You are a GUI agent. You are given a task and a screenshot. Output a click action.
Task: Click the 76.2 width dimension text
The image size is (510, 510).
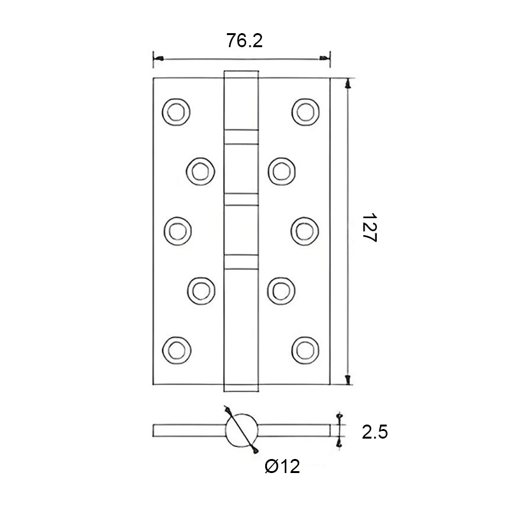click(x=245, y=41)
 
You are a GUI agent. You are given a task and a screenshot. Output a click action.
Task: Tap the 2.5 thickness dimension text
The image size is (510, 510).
click(x=375, y=433)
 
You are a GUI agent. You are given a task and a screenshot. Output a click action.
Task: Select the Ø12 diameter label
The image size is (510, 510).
click(x=282, y=467)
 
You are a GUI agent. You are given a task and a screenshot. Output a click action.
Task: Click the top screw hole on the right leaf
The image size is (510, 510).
click(x=304, y=111)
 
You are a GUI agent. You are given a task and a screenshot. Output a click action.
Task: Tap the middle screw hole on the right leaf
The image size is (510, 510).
click(x=304, y=229)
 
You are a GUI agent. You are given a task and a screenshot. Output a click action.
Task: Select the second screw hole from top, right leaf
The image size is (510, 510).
click(x=280, y=170)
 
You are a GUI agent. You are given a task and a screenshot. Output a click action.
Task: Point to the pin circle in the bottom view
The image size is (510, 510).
click(x=242, y=432)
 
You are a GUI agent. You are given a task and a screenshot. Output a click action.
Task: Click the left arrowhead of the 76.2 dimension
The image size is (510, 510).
click(x=157, y=59)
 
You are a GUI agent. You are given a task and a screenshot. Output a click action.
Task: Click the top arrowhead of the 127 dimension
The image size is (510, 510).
click(x=348, y=84)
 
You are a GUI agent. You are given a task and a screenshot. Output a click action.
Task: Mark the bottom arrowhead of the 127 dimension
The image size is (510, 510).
click(x=348, y=380)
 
